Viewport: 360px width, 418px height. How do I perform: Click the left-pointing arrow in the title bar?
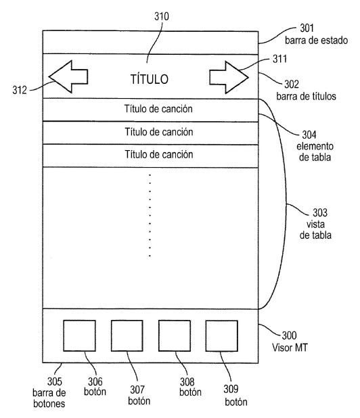68,77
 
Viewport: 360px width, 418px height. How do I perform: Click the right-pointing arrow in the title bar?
229,77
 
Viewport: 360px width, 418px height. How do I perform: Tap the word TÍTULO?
150,79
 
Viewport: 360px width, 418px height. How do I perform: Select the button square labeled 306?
79,335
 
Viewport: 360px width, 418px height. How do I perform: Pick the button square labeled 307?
127,335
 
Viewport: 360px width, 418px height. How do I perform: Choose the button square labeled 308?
175,335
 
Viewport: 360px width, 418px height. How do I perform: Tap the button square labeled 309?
221,336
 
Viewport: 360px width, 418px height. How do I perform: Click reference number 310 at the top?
162,16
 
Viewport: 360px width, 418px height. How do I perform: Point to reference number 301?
307,28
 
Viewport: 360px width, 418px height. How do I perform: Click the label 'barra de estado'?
317,41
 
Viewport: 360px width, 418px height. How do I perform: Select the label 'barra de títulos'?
306,96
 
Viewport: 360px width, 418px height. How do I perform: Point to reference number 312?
20,90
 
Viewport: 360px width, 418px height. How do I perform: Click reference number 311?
279,59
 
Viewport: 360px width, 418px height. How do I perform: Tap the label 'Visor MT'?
290,348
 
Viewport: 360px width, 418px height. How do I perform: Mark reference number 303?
320,213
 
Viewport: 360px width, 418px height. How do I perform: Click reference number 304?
309,135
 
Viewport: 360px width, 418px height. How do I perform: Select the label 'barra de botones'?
49,398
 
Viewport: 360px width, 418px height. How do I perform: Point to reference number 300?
290,335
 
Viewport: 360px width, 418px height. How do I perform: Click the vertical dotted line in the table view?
150,215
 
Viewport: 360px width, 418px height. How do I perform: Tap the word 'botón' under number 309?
236,402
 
